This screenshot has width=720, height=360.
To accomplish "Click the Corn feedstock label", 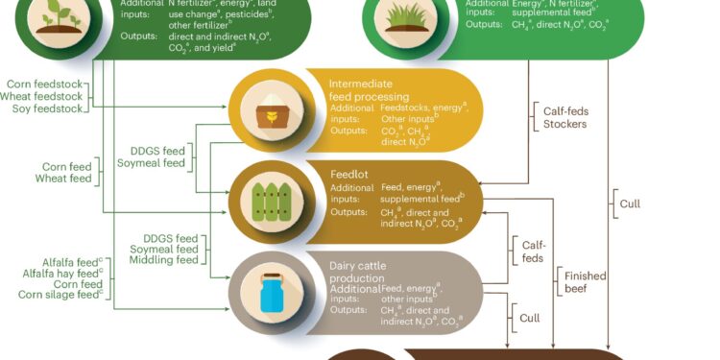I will pos(44,84).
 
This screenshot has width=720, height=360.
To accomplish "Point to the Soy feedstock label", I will pos(47,108).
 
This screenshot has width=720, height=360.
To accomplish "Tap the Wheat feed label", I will pos(63,179).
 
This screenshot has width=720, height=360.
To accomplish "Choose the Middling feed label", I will pos(163,260).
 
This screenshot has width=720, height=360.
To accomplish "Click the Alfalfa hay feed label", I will pos(60,274).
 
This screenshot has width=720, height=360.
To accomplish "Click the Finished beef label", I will pos(585,282).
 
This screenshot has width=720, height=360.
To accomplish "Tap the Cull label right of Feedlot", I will pos(630,204).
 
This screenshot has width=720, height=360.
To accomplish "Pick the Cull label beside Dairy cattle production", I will pos(530,318).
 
